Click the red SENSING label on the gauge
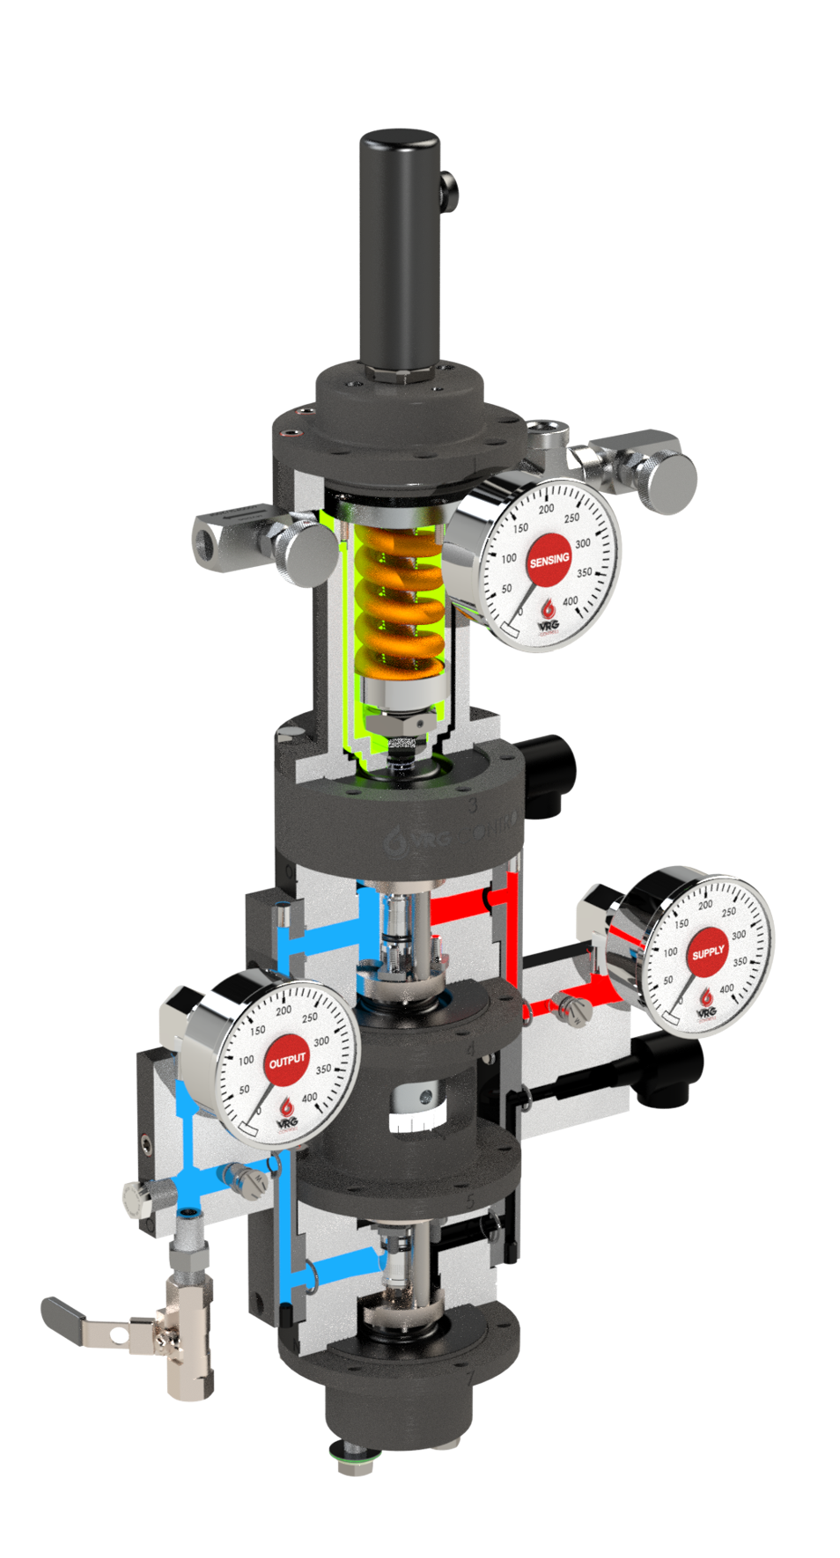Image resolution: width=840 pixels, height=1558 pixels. tap(549, 560)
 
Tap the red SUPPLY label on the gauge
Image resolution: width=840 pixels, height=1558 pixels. tap(708, 953)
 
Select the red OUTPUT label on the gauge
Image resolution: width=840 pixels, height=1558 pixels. tap(287, 1062)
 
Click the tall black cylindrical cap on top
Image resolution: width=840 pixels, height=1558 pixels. tap(399, 246)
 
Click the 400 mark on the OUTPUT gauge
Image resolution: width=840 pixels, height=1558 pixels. tap(310, 1098)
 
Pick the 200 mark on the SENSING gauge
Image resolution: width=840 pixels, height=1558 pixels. tap(546, 509)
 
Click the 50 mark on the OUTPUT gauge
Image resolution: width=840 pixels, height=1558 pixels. tap(244, 1089)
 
